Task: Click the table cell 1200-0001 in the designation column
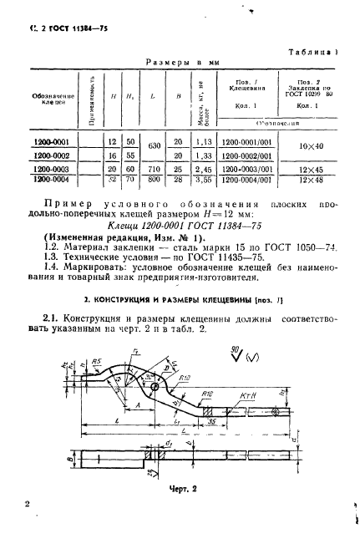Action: coord(52,142)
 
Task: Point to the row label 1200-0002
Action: coord(52,155)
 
